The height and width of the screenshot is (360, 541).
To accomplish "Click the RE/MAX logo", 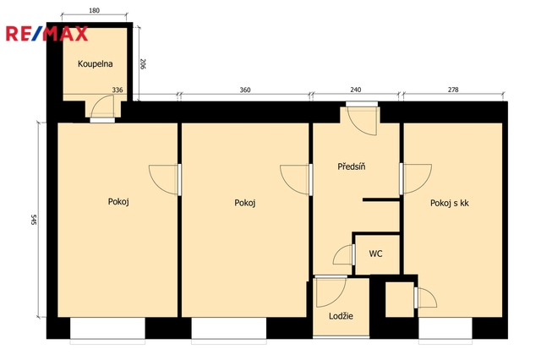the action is tap(46, 34).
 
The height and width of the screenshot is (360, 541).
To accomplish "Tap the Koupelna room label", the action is tap(96, 63).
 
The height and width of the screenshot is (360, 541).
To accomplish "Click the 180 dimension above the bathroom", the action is tap(94, 10).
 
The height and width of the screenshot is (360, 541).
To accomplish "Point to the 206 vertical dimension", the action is tap(143, 63).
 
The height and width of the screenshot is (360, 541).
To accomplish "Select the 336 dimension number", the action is tap(117, 90).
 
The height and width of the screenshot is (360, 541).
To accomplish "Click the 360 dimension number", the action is tap(245, 90).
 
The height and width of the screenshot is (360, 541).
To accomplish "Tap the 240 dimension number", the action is tap(356, 90).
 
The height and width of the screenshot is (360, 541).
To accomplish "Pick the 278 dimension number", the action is tap(453, 90).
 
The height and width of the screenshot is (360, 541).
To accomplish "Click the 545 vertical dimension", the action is tap(34, 220).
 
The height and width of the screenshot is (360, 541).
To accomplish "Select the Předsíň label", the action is tap(352, 166).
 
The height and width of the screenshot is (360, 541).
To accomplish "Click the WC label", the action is tap(375, 254).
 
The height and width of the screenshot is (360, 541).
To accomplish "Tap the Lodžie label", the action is tap(341, 316).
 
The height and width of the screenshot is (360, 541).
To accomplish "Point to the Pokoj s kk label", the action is tap(449, 203).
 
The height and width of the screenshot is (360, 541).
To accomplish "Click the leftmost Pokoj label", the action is tap(118, 201).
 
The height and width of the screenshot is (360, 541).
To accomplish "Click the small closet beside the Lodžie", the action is tap(400, 299).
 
